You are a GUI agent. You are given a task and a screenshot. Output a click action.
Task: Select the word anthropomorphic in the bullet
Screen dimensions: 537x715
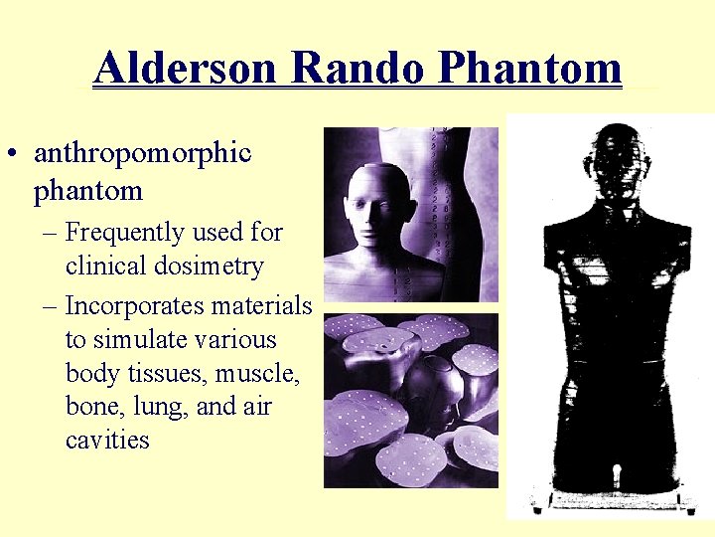tap(142, 154)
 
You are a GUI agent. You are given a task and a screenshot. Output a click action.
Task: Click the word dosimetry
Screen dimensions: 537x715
tap(214, 267)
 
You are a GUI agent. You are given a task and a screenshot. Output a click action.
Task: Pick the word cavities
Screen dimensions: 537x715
tap(107, 441)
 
